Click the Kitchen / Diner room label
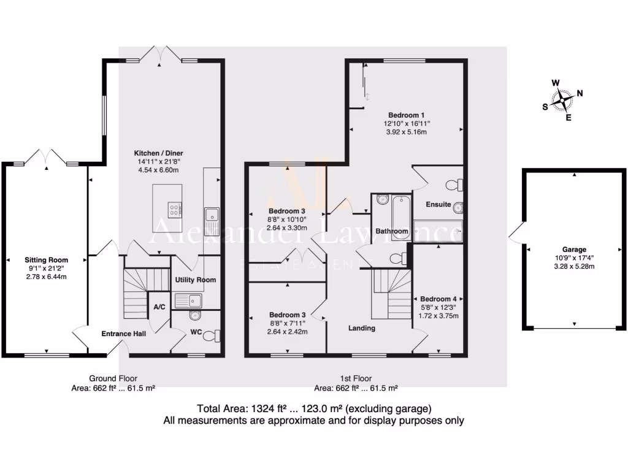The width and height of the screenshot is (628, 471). pyautogui.click(x=159, y=153)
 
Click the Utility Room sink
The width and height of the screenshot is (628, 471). pyautogui.click(x=188, y=301)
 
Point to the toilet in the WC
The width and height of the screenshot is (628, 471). pyautogui.click(x=211, y=334)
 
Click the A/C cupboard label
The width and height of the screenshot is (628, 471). pyautogui.click(x=159, y=307)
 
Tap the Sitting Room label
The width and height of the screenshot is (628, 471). pyautogui.click(x=46, y=260)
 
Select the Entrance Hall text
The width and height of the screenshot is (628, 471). pyautogui.click(x=123, y=334)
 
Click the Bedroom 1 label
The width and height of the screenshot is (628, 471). pyautogui.click(x=406, y=115)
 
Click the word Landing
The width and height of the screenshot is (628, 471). pyautogui.click(x=361, y=328)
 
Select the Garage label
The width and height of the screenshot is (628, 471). pyautogui.click(x=573, y=250)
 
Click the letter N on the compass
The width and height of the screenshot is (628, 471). pyautogui.click(x=580, y=94)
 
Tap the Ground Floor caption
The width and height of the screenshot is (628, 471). pyautogui.click(x=113, y=378)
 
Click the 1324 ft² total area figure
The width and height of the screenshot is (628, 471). pyautogui.click(x=267, y=408)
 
